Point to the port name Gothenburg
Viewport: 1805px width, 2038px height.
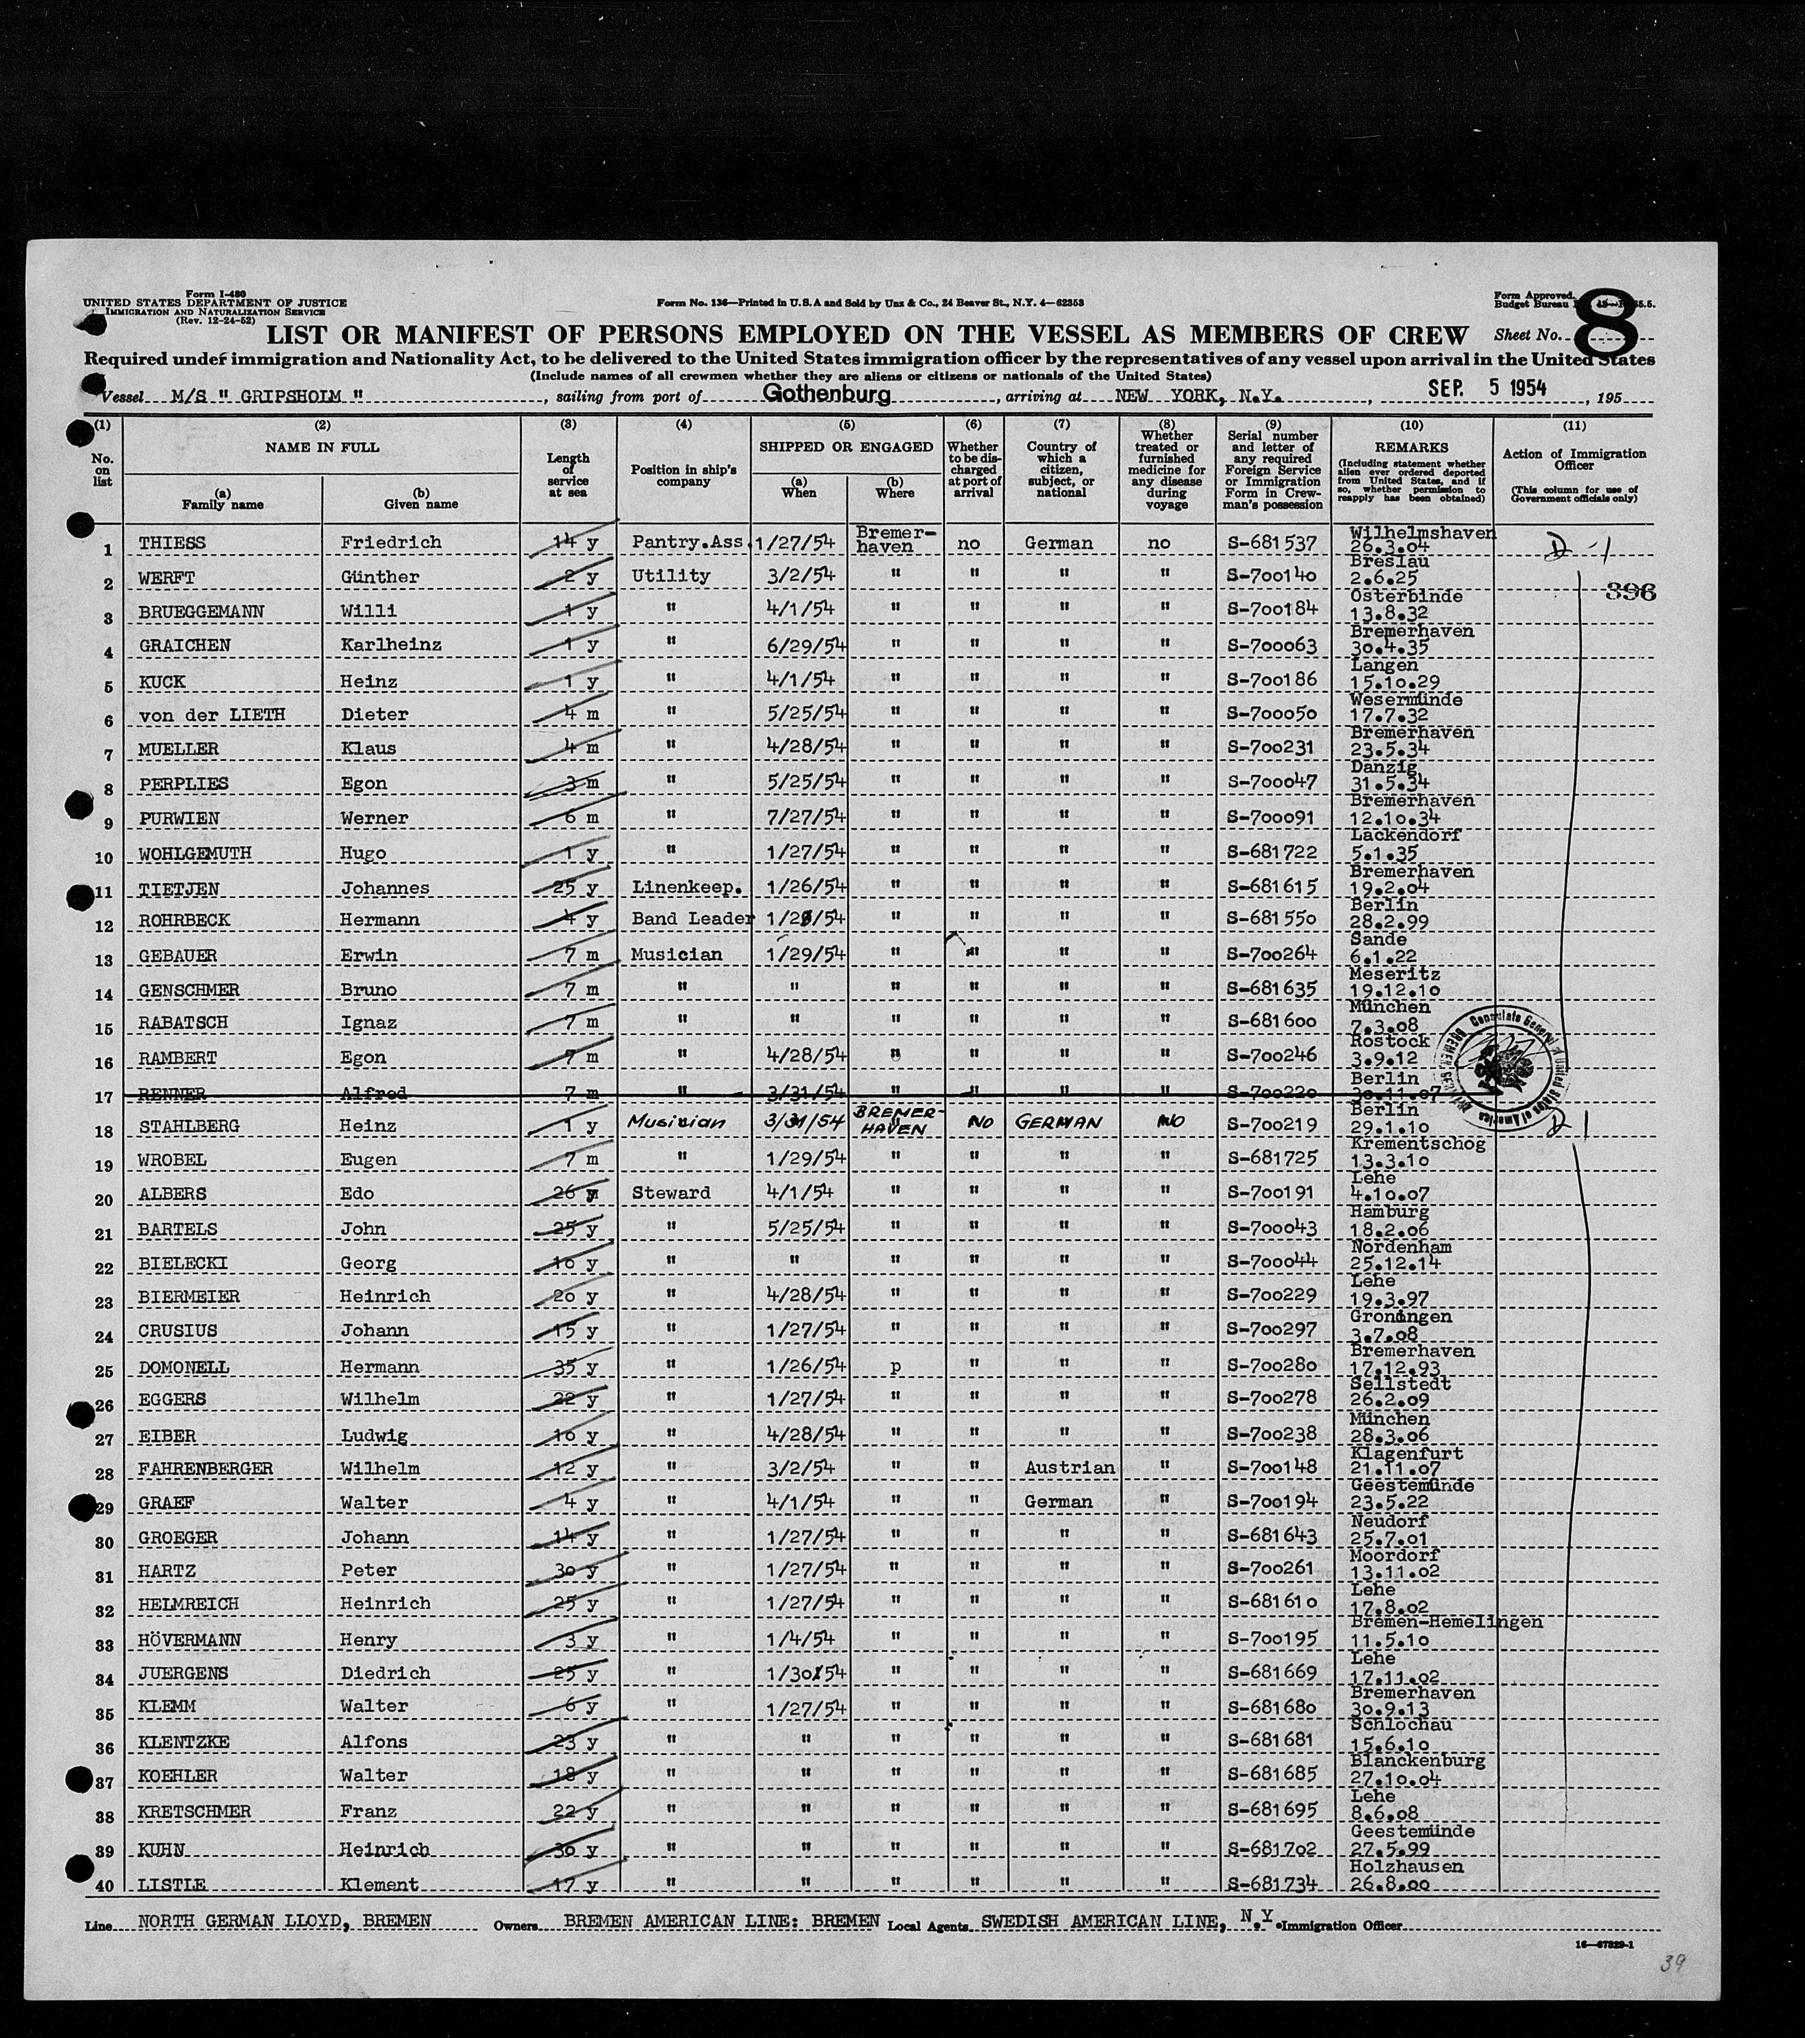pos(827,395)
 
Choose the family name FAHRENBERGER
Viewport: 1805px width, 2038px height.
pos(207,1469)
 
